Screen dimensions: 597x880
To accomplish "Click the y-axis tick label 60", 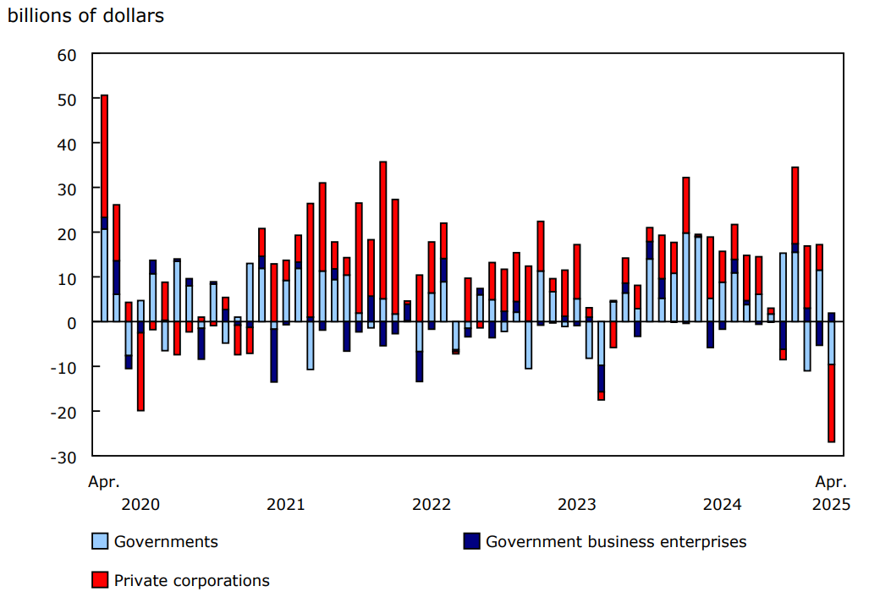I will click(67, 55).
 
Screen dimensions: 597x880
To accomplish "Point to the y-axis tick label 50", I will click(67, 99).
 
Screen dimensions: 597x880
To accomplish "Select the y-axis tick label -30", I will click(63, 456).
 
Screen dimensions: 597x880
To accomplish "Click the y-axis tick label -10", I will click(63, 367).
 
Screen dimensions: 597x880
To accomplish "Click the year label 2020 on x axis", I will click(140, 505).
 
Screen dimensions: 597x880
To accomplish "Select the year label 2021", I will click(286, 505).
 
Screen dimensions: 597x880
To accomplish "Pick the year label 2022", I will click(432, 505).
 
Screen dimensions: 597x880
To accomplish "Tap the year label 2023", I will click(577, 505).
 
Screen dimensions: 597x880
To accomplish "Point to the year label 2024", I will click(723, 505).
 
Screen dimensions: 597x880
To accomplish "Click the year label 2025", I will click(831, 505).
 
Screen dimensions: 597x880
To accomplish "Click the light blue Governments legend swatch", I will click(100, 541).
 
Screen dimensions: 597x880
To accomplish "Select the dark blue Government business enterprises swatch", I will click(471, 541).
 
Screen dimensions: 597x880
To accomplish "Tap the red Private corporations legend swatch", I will click(100, 580).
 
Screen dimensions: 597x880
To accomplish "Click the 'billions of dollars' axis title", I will click(85, 16).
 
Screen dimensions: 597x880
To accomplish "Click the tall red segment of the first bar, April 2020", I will click(104, 156).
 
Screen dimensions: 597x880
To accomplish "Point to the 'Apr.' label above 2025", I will click(831, 482).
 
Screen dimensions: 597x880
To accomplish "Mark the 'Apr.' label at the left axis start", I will click(104, 482).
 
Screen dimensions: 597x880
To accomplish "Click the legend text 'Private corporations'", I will click(192, 580).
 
